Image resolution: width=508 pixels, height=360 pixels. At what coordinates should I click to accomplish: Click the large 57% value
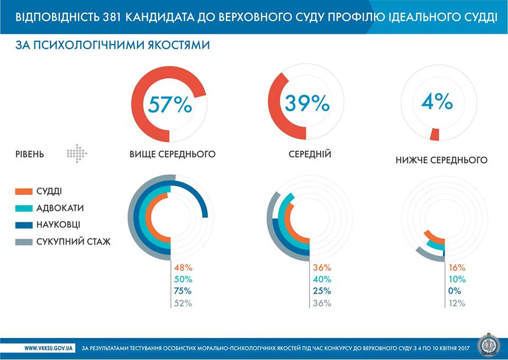pyautogui.click(x=169, y=104)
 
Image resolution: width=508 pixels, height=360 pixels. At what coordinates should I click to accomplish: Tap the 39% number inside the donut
pyautogui.click(x=307, y=103)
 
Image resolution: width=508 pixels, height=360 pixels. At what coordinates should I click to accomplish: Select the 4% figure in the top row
pyautogui.click(x=437, y=101)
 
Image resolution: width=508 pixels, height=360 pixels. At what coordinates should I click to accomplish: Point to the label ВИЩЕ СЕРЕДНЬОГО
pyautogui.click(x=173, y=155)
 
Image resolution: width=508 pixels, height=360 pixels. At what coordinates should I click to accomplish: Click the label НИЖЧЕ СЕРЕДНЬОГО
pyautogui.click(x=441, y=159)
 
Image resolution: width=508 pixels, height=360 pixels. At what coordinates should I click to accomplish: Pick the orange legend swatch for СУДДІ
pyautogui.click(x=24, y=191)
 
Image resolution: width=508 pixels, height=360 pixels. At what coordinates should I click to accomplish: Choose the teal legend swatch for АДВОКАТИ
pyautogui.click(x=24, y=208)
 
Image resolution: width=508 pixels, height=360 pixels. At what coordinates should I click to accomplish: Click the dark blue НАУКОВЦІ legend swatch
pyautogui.click(x=24, y=225)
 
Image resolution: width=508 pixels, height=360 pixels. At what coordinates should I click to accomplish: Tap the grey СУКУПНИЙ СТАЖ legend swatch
pyautogui.click(x=24, y=242)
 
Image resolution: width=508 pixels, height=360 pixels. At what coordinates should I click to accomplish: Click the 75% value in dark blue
pyautogui.click(x=183, y=291)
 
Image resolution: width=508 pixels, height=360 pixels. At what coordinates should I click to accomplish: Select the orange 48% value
pyautogui.click(x=183, y=268)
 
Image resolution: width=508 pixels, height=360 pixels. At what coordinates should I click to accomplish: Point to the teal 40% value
pyautogui.click(x=322, y=280)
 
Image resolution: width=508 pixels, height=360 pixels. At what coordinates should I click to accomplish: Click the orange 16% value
pyautogui.click(x=457, y=268)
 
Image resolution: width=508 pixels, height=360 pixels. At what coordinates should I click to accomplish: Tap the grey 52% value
pyautogui.click(x=183, y=303)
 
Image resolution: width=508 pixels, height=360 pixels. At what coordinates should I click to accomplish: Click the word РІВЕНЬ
pyautogui.click(x=30, y=155)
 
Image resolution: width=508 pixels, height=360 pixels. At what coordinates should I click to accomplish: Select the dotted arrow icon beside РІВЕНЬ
pyautogui.click(x=77, y=154)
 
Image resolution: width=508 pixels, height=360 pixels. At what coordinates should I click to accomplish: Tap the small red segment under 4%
pyautogui.click(x=434, y=134)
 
